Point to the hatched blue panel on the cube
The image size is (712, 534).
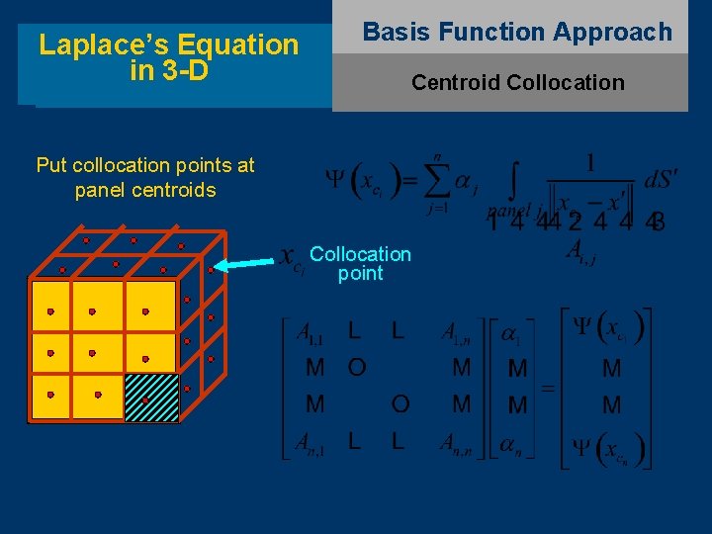(151, 399)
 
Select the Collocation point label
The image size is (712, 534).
(360, 263)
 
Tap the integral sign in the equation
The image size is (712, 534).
(514, 180)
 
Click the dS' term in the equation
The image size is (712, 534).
(661, 180)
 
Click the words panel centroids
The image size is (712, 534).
(144, 190)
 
